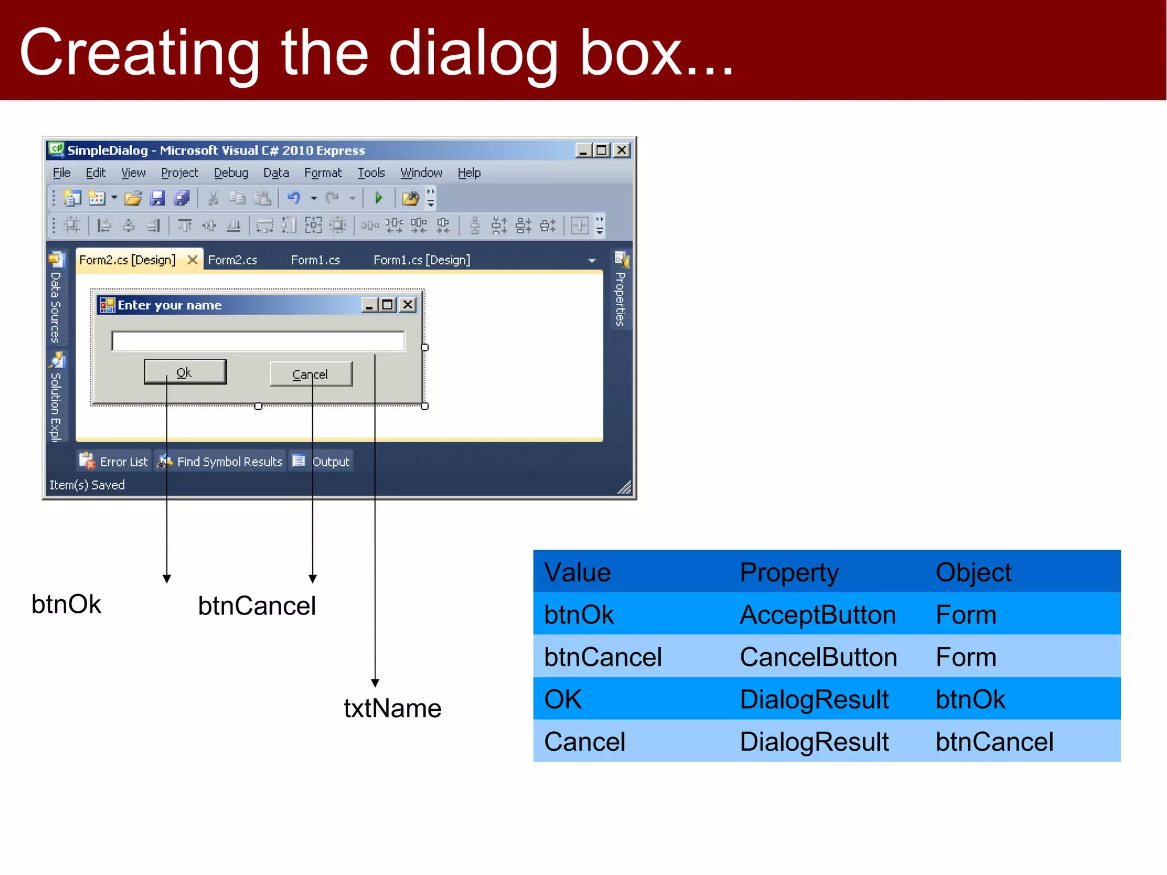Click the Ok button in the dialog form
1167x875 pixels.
pos(185,372)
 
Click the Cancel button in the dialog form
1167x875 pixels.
pos(311,374)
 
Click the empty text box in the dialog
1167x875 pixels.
pos(258,341)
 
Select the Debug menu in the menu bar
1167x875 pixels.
pos(231,173)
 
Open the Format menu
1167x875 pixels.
pos(323,173)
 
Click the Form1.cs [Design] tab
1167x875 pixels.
pos(422,260)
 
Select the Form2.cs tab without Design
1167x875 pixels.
pos(232,260)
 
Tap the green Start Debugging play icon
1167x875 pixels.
pos(378,198)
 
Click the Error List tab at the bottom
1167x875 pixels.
pos(114,461)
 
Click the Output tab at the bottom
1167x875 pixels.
pos(322,461)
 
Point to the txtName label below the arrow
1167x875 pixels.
pos(392,709)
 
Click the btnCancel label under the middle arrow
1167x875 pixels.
pos(257,606)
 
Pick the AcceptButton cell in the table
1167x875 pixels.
pos(817,615)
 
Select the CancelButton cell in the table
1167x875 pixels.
pos(818,657)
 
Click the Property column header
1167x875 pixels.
pos(789,572)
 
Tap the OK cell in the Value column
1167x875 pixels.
pos(563,699)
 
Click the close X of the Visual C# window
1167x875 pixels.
pos(622,150)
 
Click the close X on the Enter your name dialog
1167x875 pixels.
pos(407,305)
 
